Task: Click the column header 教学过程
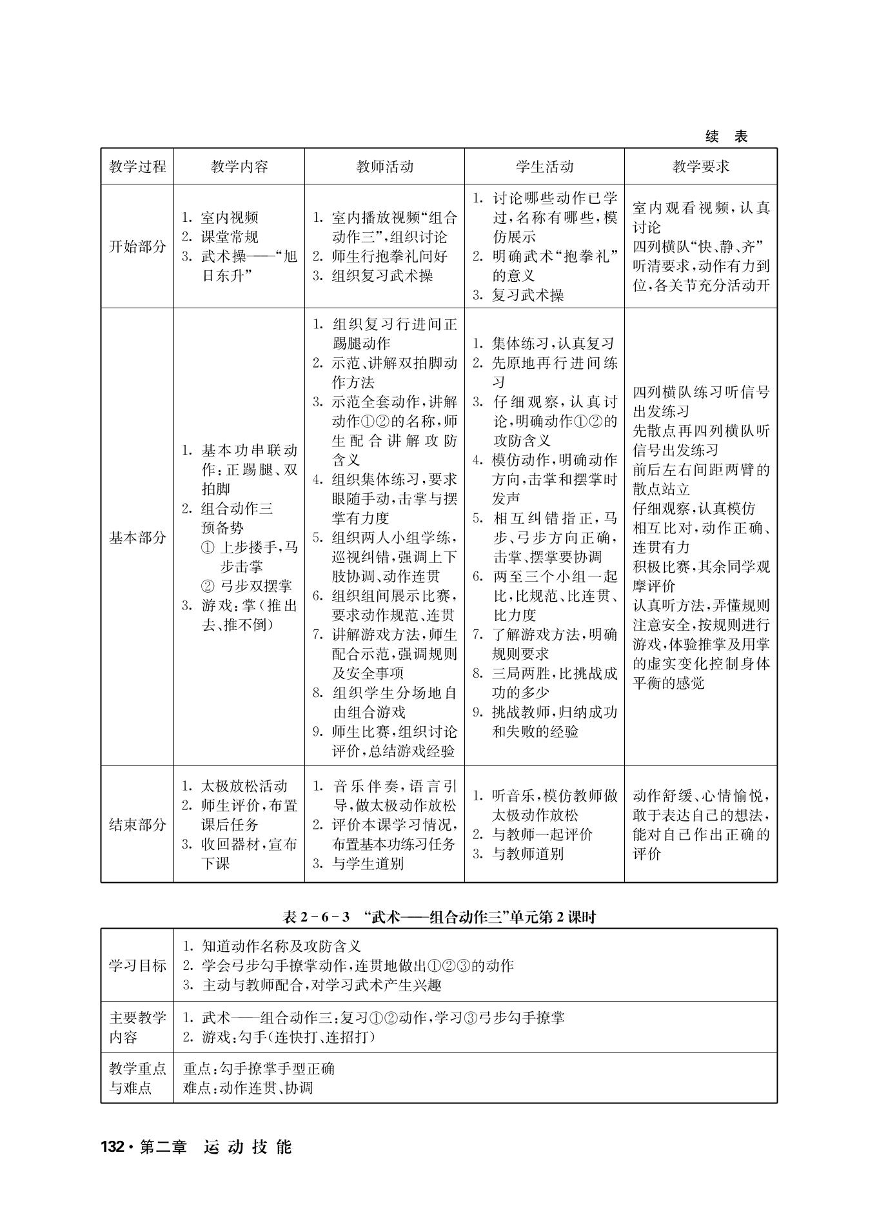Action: [137, 166]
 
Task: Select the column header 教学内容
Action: [239, 166]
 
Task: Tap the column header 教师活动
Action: [384, 166]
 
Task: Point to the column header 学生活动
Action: [544, 166]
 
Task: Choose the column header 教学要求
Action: [701, 166]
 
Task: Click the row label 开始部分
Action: [137, 246]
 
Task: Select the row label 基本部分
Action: [137, 537]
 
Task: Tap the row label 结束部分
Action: [137, 824]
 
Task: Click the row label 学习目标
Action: [137, 965]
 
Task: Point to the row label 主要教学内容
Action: [137, 1027]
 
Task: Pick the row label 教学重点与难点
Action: [137, 1078]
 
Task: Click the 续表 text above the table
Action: [727, 137]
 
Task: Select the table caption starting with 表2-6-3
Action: [439, 917]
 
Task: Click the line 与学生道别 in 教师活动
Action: [368, 864]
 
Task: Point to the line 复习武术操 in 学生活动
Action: [527, 295]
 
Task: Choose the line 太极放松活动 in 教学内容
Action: [244, 786]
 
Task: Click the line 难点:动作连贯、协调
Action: [248, 1088]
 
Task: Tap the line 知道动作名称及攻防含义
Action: [281, 946]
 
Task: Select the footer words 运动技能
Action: [248, 1147]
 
